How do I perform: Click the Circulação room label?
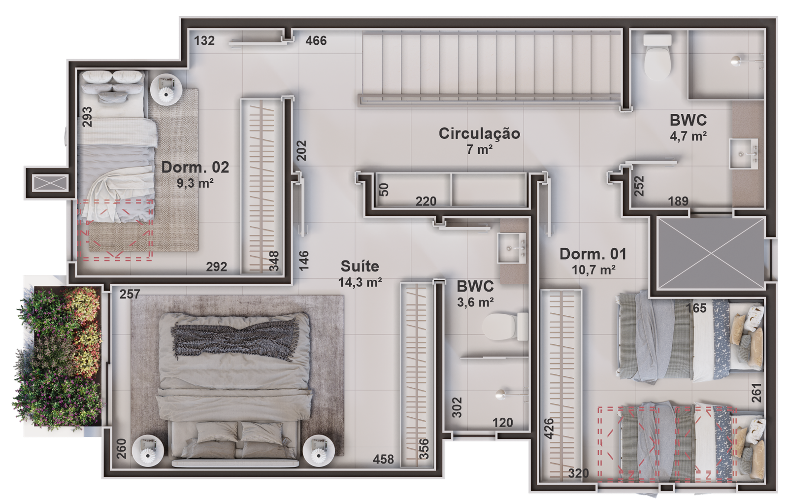coord(479,134)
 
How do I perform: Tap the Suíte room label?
coord(360,267)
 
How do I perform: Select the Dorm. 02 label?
coord(195,167)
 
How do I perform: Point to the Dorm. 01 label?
coord(593,254)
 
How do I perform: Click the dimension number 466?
coord(316,41)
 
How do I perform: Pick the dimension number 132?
coord(204,41)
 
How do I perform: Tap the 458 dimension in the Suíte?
coord(384,459)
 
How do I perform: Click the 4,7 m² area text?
coord(689,136)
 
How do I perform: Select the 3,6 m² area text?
coord(475,302)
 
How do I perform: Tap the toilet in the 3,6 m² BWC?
coord(505,327)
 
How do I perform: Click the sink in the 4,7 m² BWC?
coord(743,154)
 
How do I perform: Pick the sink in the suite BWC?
coord(512,248)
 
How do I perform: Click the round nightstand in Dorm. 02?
coord(166,89)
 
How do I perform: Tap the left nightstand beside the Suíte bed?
coord(148,451)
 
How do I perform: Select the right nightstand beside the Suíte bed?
coord(319,451)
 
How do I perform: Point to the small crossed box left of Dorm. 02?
coord(50,183)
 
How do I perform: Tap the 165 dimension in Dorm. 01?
coord(696,308)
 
